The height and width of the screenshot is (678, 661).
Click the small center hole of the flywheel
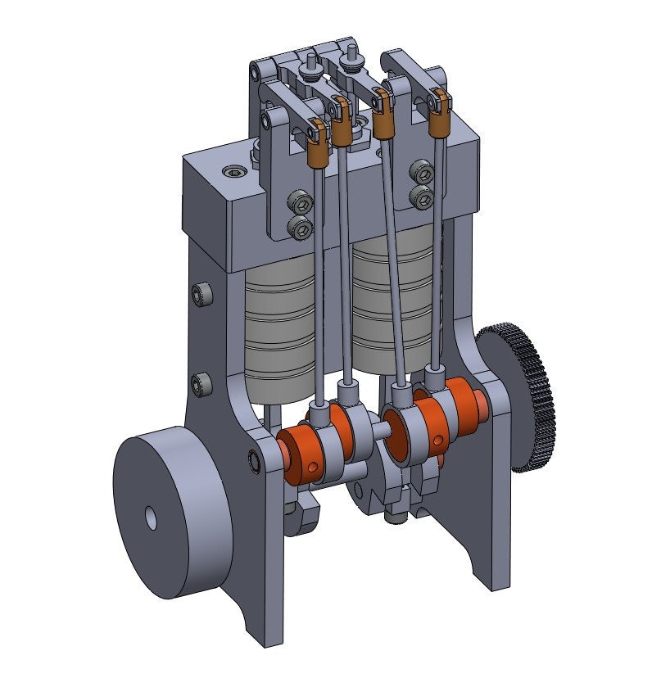click(151, 517)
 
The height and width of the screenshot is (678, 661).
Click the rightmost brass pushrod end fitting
click(440, 122)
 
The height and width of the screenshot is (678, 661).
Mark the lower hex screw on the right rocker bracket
click(422, 196)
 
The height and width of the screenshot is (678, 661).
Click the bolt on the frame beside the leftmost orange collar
click(256, 462)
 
